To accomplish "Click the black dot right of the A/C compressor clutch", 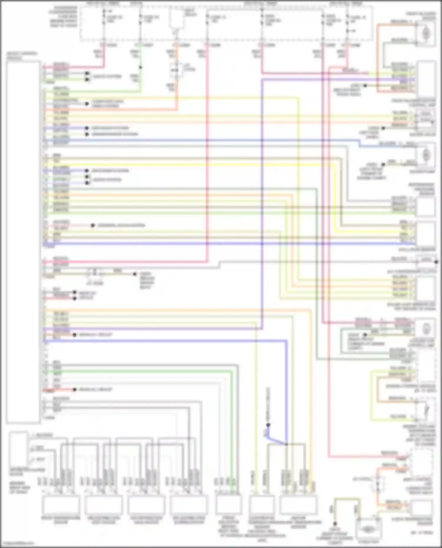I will click(436, 261).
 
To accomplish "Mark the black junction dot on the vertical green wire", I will click(140, 67).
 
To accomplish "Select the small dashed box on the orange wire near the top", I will click(176, 70).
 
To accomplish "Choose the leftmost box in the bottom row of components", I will click(61, 505).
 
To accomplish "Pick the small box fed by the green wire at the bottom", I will click(228, 505).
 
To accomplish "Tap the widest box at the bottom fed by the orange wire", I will click(298, 505).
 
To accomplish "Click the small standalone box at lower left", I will click(18, 449).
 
